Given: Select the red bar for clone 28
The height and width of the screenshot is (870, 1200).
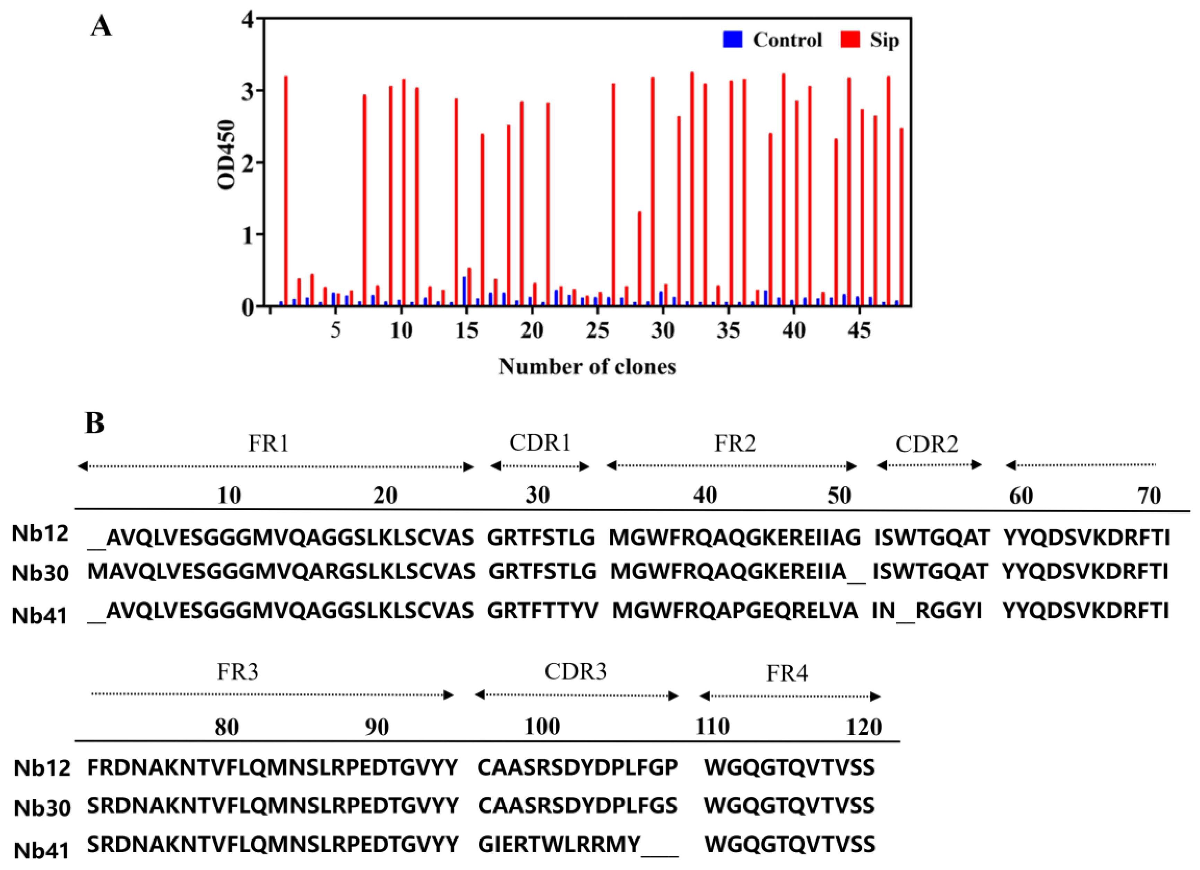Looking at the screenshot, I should tap(640, 259).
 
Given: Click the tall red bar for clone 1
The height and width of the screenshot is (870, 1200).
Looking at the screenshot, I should tap(286, 190).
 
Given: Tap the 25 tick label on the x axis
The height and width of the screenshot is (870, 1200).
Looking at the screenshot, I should tap(597, 331).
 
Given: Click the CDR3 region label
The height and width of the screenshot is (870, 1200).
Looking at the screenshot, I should tap(576, 671).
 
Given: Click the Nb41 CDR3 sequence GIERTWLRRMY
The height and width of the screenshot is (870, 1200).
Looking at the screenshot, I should tap(560, 845).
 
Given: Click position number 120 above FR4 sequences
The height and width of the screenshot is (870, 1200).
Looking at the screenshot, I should tap(863, 727).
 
